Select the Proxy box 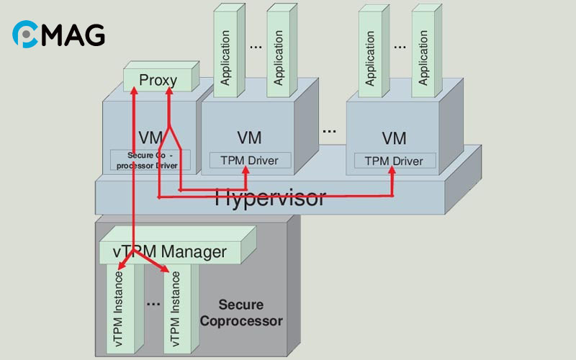click(x=158, y=80)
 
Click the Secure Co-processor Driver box click(x=150, y=160)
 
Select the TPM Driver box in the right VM click(x=394, y=160)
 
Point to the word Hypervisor click(x=270, y=197)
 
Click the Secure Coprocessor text click(x=241, y=312)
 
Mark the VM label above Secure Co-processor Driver click(x=150, y=137)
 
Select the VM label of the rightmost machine click(x=394, y=138)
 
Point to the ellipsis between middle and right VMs click(x=329, y=131)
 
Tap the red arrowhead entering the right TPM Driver click(x=393, y=171)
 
